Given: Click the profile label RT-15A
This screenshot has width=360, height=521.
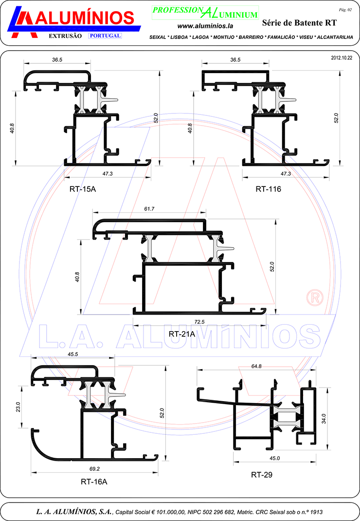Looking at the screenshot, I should click(83, 188).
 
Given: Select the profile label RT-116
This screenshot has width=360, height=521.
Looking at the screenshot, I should click(268, 188).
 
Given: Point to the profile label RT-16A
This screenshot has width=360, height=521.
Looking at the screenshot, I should click(94, 482).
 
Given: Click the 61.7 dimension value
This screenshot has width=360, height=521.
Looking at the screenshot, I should click(149, 209).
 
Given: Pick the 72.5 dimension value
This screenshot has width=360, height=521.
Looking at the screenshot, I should click(199, 322).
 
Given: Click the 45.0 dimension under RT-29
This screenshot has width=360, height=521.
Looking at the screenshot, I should click(274, 459).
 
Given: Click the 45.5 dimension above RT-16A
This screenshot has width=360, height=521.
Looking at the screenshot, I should click(73, 354).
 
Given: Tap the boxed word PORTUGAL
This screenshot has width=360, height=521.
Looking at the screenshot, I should click(105, 36).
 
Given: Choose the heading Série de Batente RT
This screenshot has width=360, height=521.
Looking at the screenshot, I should click(299, 22).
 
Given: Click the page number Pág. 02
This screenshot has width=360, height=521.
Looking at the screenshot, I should click(344, 9).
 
